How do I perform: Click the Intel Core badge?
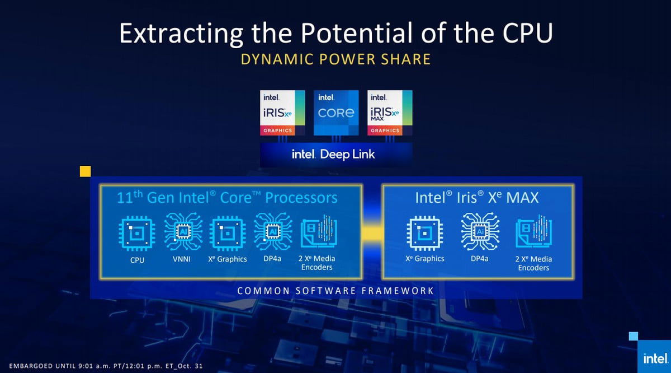click(x=336, y=113)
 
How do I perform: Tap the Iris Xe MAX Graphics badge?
click(x=390, y=113)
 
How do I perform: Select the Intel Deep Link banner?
click(x=336, y=155)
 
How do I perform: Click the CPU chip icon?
click(x=137, y=233)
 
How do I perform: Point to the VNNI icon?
click(x=183, y=231)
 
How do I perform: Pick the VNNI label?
click(x=182, y=259)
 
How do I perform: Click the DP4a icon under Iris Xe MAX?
click(x=480, y=231)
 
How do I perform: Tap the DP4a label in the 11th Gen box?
click(x=272, y=258)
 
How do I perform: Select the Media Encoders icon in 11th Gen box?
click(x=319, y=231)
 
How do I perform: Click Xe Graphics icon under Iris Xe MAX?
click(x=425, y=233)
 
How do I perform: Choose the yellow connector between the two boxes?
click(x=372, y=233)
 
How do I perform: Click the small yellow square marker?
click(x=86, y=171)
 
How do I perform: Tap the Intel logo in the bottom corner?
click(x=655, y=358)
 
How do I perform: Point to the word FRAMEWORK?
click(x=398, y=291)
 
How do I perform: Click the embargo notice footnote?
click(x=106, y=366)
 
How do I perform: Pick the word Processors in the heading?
click(x=301, y=198)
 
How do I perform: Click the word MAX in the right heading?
click(x=522, y=198)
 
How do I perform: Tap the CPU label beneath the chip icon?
click(x=137, y=260)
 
